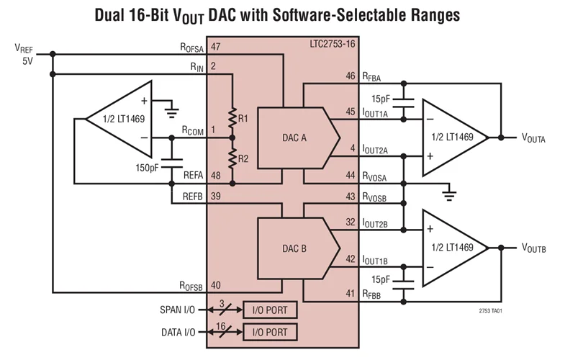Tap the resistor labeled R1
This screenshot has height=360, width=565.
232,117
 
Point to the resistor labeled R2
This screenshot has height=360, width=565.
232,158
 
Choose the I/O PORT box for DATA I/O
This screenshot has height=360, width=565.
270,332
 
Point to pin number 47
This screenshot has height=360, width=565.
216,46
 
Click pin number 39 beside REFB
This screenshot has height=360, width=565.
216,197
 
